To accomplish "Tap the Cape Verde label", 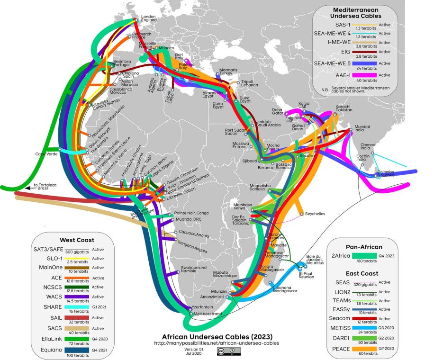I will (45, 154).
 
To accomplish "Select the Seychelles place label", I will (315, 214).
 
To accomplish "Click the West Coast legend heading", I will (77, 240).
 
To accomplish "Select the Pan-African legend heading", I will (364, 247).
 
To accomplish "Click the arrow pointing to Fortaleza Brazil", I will (26, 188).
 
